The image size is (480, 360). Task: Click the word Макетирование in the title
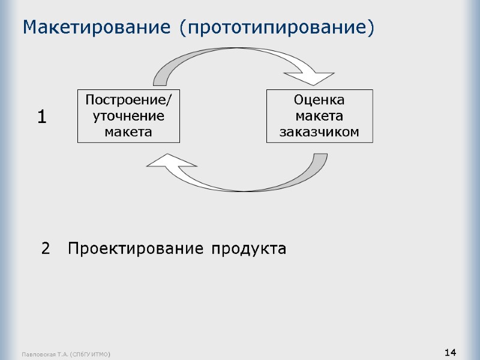(x=97, y=28)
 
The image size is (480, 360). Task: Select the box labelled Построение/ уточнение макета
(x=128, y=116)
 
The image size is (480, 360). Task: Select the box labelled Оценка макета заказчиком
(x=319, y=116)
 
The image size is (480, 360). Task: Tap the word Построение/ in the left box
(x=128, y=100)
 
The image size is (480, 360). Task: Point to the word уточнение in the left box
(x=128, y=115)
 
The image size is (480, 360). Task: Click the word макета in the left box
(x=128, y=131)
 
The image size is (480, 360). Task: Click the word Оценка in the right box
(x=319, y=100)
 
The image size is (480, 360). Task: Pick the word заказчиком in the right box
(x=319, y=131)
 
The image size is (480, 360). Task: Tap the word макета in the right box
(x=319, y=115)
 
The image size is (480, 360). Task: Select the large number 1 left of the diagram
(x=41, y=116)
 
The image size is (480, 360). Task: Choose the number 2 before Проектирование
(x=46, y=248)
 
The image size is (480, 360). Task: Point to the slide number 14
(x=451, y=352)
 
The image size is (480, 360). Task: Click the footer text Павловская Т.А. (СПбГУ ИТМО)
(x=66, y=355)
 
